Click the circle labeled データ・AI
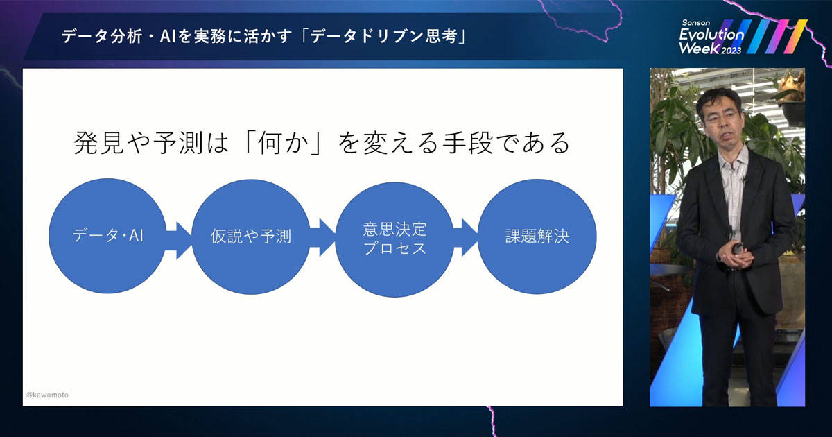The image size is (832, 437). (x=107, y=236)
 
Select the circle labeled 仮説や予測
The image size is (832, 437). (x=251, y=237)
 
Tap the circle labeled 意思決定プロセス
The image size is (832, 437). (x=395, y=239)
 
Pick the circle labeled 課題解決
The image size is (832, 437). (x=537, y=237)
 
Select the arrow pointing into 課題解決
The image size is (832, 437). (x=466, y=238)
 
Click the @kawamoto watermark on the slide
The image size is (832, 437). (x=47, y=395)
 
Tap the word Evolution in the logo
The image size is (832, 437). (x=711, y=35)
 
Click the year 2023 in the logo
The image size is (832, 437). (x=731, y=51)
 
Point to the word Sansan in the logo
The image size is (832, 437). (x=695, y=23)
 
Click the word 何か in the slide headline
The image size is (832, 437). (x=284, y=143)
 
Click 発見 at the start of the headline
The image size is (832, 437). (x=98, y=143)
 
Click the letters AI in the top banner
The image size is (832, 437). (x=168, y=36)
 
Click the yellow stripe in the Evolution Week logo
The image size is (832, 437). (x=796, y=36)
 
